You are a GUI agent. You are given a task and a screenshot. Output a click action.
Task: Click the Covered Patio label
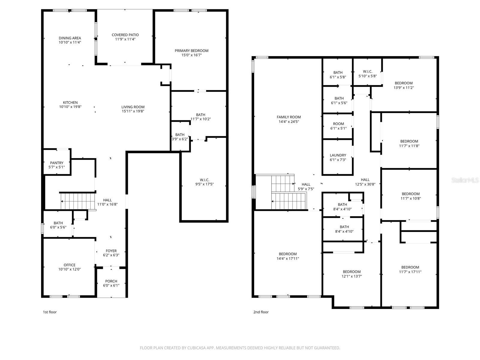tap(125, 35)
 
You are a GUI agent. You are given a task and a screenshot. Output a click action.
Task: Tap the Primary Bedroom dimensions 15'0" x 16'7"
tap(191, 55)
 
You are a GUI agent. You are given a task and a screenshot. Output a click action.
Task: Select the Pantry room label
tap(57, 163)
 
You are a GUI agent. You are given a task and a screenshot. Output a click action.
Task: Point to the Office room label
tap(70, 265)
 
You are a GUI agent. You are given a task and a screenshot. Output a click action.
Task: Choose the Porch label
tap(111, 281)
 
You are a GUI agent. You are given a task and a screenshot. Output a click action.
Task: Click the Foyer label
tap(111, 251)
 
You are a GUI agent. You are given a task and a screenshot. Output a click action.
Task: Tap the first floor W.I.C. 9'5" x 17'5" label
tap(204, 182)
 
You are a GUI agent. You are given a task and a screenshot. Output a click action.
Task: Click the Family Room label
tap(289, 117)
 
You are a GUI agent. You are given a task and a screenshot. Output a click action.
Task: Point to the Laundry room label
tap(338, 155)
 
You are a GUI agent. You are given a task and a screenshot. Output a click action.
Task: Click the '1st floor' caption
tap(50, 312)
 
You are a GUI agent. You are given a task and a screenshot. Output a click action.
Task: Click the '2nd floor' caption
tap(261, 312)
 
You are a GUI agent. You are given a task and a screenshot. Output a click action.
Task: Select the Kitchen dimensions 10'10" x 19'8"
tap(70, 107)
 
